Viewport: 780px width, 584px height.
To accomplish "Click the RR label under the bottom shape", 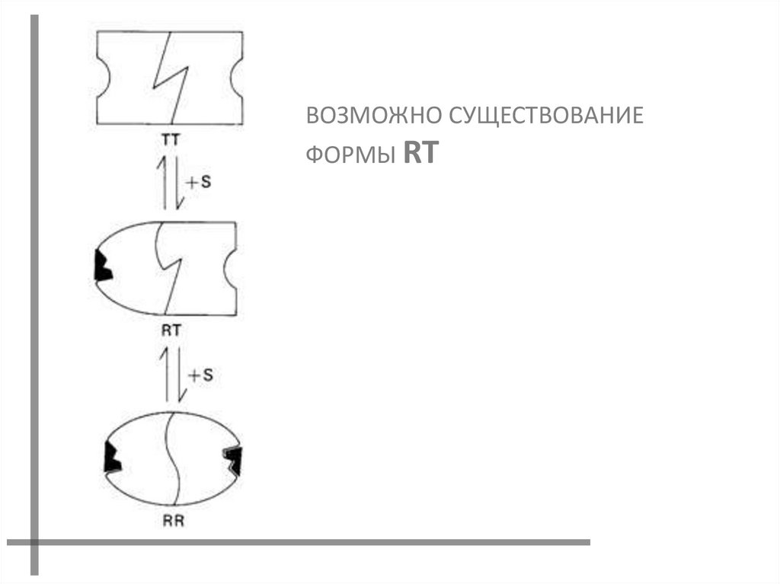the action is pyautogui.click(x=174, y=522).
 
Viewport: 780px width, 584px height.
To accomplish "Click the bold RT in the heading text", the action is pyautogui.click(x=420, y=154).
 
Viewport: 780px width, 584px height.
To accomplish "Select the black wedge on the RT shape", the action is pyautogui.click(x=100, y=266).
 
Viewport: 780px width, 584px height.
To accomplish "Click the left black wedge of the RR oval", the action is pyautogui.click(x=112, y=459).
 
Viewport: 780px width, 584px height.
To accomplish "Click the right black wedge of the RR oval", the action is pyautogui.click(x=233, y=460).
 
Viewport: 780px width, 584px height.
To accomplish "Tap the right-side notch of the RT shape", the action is pyautogui.click(x=231, y=268).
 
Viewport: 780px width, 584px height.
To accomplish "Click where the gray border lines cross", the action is pyautogui.click(x=34, y=542).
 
